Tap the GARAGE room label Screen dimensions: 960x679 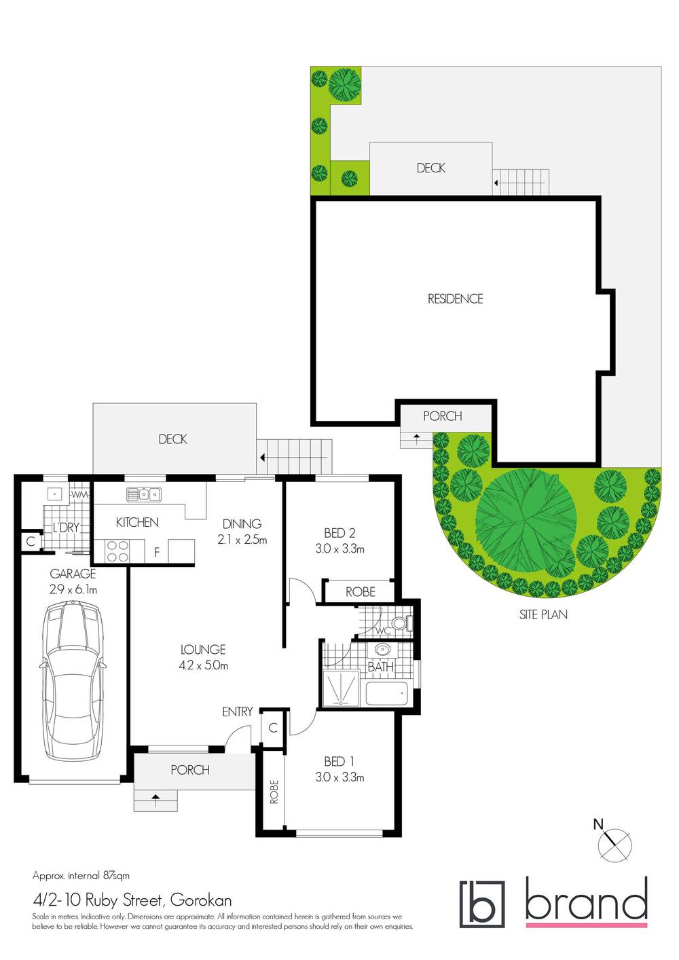pyautogui.click(x=73, y=574)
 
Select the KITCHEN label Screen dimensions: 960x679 pyautogui.click(x=137, y=522)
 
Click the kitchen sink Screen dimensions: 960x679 pyautogui.click(x=143, y=494)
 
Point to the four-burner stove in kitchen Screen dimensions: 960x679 pyautogui.click(x=117, y=551)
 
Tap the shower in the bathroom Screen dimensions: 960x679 pyautogui.click(x=342, y=687)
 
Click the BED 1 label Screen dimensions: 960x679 pyautogui.click(x=339, y=762)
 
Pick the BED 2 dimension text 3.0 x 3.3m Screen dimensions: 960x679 pyautogui.click(x=339, y=549)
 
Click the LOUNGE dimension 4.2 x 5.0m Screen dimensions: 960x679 pyautogui.click(x=203, y=665)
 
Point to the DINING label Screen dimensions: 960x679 pyautogui.click(x=242, y=523)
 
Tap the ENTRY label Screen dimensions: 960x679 pyautogui.click(x=237, y=712)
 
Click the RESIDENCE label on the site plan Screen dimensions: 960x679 pyautogui.click(x=455, y=299)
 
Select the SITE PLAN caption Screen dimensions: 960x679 pyautogui.click(x=543, y=614)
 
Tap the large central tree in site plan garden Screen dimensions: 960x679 pyautogui.click(x=526, y=519)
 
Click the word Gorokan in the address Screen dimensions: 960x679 pyautogui.click(x=201, y=900)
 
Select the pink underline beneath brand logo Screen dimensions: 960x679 pyautogui.click(x=586, y=924)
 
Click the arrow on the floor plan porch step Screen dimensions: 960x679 pyautogui.click(x=155, y=800)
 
